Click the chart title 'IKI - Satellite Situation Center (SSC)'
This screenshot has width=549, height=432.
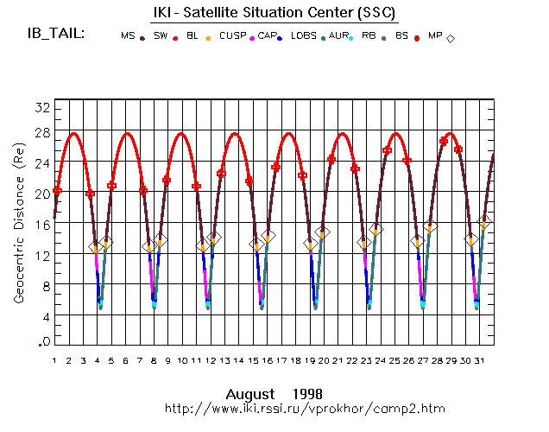(274, 12)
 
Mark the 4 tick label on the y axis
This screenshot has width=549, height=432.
(43, 317)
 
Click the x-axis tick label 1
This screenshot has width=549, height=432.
(54, 360)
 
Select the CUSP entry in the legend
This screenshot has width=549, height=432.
(232, 36)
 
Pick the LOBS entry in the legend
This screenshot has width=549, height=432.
(304, 36)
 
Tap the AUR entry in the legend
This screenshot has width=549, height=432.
(339, 36)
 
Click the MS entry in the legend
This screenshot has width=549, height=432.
(128, 36)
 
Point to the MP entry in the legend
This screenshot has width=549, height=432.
(434, 36)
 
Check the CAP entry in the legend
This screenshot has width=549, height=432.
(267, 36)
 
